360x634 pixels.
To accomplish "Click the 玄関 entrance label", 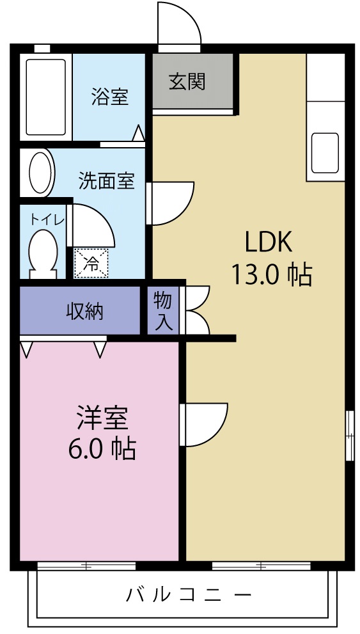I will tap(187, 81).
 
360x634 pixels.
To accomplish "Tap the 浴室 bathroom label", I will tap(109, 97).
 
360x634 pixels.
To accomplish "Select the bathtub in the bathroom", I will tap(45, 97).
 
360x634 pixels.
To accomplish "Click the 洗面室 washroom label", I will tap(106, 181).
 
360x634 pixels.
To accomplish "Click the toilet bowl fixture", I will tap(43, 252).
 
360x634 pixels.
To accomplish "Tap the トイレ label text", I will tap(45, 219).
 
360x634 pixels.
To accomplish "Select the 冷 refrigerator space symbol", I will tap(92, 264).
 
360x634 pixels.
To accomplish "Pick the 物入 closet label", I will tap(163, 311).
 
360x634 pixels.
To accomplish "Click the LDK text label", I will tap(269, 242).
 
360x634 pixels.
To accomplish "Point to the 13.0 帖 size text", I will tap(271, 274).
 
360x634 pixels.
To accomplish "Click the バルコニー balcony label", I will tap(189, 594).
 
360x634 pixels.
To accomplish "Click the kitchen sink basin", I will tap(325, 154).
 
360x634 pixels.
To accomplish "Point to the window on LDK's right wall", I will tap(349, 436).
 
